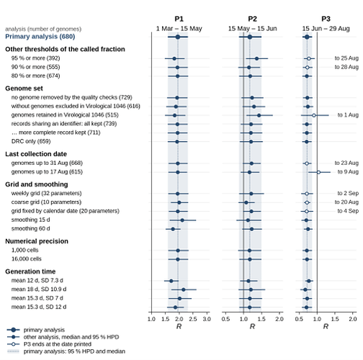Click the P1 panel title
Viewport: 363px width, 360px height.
click(x=179, y=19)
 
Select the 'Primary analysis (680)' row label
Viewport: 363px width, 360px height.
click(x=40, y=37)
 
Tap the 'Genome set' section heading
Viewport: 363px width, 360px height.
click(x=24, y=89)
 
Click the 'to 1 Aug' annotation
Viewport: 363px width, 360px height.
click(x=348, y=115)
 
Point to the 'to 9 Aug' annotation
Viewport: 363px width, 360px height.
click(x=348, y=172)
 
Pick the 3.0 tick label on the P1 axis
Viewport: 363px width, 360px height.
click(x=207, y=319)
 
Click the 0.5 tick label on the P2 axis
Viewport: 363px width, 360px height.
click(x=225, y=319)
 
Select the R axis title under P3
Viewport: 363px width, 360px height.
click(x=326, y=326)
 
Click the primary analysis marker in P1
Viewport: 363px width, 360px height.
click(x=178, y=37)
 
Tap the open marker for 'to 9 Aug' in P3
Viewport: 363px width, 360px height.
click(x=318, y=172)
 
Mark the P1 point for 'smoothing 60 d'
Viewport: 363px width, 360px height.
click(x=173, y=229)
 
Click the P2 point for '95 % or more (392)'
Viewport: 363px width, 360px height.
click(x=256, y=58)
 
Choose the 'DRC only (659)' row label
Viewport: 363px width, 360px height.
click(x=31, y=141)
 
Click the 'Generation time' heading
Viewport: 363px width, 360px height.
click(x=30, y=271)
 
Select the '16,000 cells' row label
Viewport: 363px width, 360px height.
click(x=27, y=259)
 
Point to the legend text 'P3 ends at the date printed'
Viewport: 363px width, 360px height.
click(x=58, y=344)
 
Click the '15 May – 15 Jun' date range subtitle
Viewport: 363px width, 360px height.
click(x=252, y=29)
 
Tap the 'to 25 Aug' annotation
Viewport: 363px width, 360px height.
click(x=346, y=58)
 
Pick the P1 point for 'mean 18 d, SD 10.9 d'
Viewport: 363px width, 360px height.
click(x=184, y=289)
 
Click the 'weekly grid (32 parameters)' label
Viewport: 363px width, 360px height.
click(x=46, y=193)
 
